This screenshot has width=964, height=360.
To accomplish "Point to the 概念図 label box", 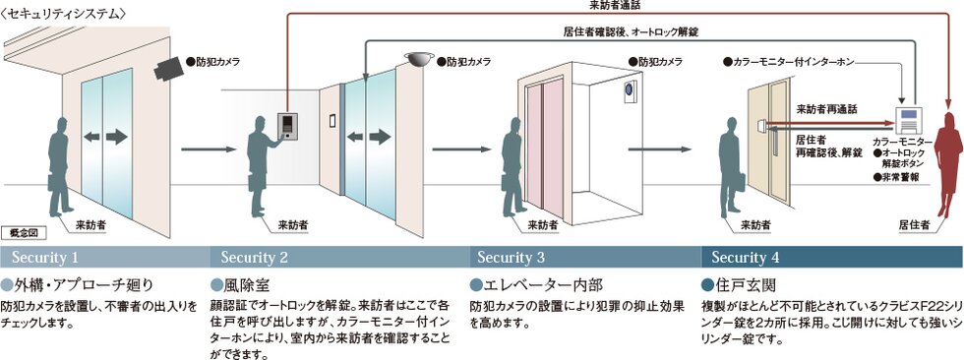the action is (21, 232).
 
